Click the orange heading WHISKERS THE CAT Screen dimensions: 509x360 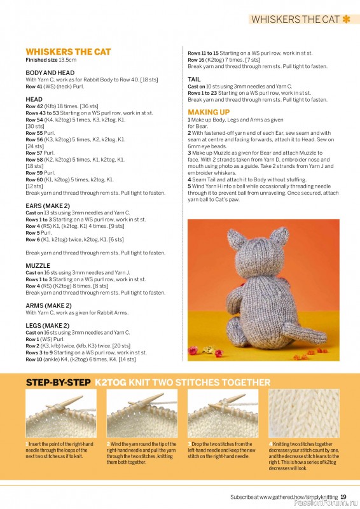[68, 52]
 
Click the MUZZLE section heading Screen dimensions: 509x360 [38, 265]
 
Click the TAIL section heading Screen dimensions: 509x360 [194, 80]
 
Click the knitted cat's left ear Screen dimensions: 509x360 [237, 241]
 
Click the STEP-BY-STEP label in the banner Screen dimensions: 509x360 [57, 382]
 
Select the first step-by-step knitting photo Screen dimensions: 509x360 [60, 413]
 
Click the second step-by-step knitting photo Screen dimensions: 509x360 [142, 413]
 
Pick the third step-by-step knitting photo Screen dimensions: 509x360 [223, 413]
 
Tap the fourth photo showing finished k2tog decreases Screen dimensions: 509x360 [303, 413]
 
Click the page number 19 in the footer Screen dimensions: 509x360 [343, 497]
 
